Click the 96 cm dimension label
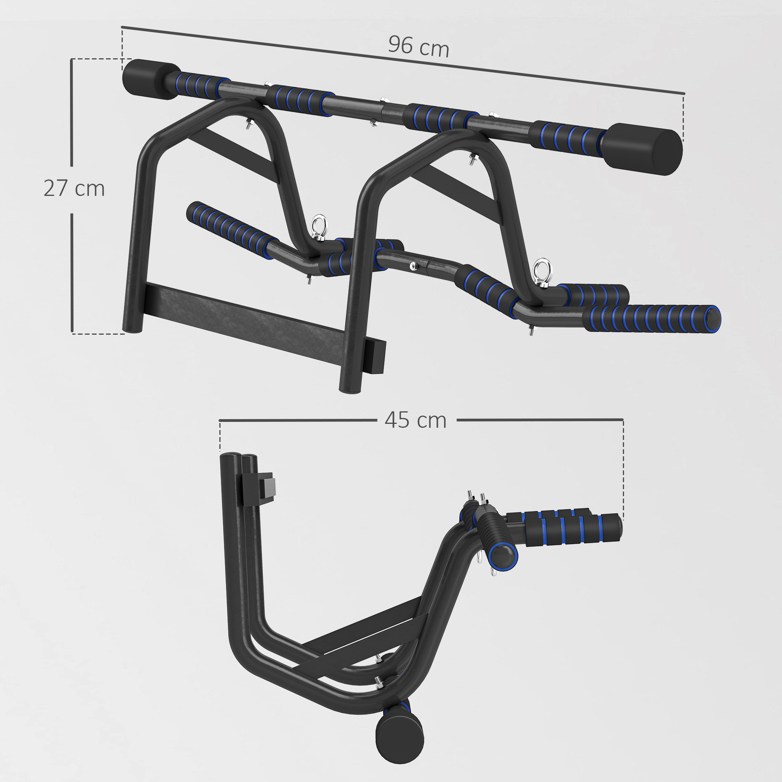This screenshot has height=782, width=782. point(418,46)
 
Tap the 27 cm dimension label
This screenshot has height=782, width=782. point(74,188)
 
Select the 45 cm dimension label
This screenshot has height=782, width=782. point(416,420)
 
